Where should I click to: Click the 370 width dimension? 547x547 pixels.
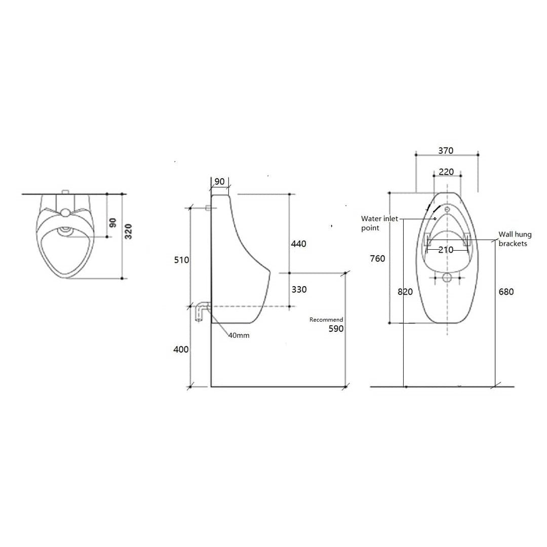(446, 150)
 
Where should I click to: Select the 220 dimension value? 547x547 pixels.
(446, 172)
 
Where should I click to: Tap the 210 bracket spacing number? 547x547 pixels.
(446, 250)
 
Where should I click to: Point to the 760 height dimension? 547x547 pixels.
(377, 259)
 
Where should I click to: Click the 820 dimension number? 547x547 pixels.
(405, 292)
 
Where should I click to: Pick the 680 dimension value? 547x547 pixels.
(505, 292)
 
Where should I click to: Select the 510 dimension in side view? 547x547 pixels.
(181, 260)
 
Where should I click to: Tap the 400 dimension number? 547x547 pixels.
(181, 349)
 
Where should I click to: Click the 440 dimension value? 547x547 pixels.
(299, 244)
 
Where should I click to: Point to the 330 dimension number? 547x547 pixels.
(299, 290)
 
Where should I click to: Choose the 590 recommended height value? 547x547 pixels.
(335, 329)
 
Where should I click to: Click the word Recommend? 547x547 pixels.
(326, 320)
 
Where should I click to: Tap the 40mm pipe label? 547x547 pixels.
(239, 335)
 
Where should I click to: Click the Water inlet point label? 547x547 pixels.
(379, 223)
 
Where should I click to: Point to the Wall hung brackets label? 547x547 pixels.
(515, 239)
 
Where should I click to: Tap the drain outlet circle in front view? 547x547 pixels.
(447, 277)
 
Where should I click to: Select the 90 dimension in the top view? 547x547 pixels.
(113, 222)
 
